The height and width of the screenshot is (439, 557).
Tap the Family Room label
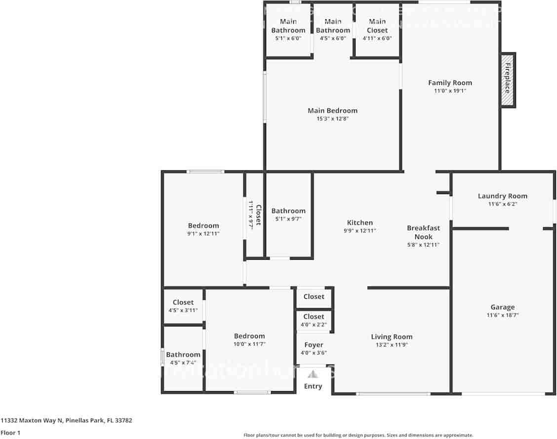pyautogui.click(x=450, y=83)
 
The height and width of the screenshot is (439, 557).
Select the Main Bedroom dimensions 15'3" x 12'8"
pyautogui.click(x=332, y=119)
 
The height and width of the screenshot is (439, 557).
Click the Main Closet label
pyautogui.click(x=377, y=26)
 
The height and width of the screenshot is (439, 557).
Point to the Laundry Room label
pyautogui.click(x=502, y=196)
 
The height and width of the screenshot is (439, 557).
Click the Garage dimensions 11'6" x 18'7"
pyautogui.click(x=502, y=315)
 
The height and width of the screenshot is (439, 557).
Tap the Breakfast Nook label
pyautogui.click(x=423, y=232)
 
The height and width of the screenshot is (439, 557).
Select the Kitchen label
pyautogui.click(x=359, y=223)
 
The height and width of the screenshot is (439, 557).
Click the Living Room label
pyautogui.click(x=392, y=337)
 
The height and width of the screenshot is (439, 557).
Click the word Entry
pyautogui.click(x=313, y=386)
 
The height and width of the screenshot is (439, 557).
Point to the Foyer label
pyautogui.click(x=314, y=345)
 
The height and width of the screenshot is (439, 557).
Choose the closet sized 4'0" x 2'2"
pyautogui.click(x=314, y=320)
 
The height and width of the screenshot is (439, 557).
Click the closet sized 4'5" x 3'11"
pyautogui.click(x=183, y=306)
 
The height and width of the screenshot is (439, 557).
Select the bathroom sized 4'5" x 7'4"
pyautogui.click(x=183, y=359)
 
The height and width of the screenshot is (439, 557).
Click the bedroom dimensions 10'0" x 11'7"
pyautogui.click(x=249, y=344)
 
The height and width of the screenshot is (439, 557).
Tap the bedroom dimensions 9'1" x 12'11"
pyautogui.click(x=203, y=234)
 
